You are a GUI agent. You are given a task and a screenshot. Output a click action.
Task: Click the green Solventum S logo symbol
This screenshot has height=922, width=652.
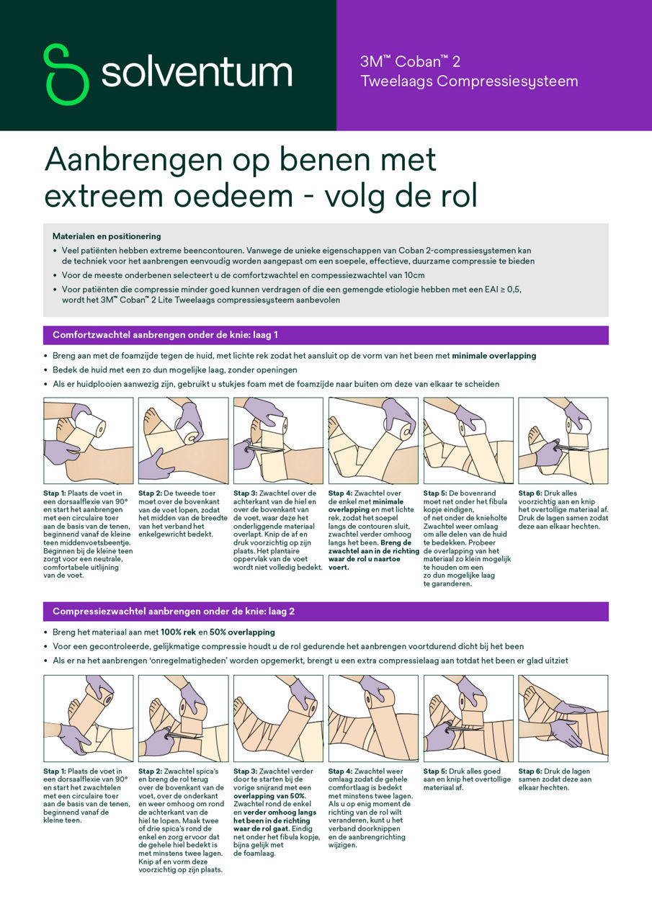[66, 74]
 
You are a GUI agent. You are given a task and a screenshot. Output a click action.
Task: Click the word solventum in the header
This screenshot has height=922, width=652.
[196, 73]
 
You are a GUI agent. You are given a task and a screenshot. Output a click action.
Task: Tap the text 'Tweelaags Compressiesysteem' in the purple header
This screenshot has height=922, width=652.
[469, 81]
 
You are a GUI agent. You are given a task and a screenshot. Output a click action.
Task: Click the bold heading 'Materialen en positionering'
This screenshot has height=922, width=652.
[107, 236]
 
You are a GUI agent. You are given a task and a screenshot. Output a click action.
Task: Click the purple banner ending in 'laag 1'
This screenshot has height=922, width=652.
[326, 335]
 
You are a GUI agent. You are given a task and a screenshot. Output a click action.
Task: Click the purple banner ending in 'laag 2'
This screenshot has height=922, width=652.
[326, 612]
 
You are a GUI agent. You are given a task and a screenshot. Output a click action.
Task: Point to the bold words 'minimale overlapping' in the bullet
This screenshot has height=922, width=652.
[494, 356]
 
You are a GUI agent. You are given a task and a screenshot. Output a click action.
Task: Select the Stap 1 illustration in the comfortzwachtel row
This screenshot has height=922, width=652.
[89, 440]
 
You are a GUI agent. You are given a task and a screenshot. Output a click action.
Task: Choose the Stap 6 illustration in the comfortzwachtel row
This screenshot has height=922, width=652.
[563, 440]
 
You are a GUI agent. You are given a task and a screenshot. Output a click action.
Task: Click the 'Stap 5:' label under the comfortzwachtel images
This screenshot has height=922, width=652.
[437, 494]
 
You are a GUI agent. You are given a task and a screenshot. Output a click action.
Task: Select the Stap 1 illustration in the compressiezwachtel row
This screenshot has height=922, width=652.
[89, 718]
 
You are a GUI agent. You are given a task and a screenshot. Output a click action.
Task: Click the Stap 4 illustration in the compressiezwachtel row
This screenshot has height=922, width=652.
[373, 718]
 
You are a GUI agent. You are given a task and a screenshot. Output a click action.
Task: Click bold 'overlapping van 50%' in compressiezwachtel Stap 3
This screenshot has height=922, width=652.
[269, 796]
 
